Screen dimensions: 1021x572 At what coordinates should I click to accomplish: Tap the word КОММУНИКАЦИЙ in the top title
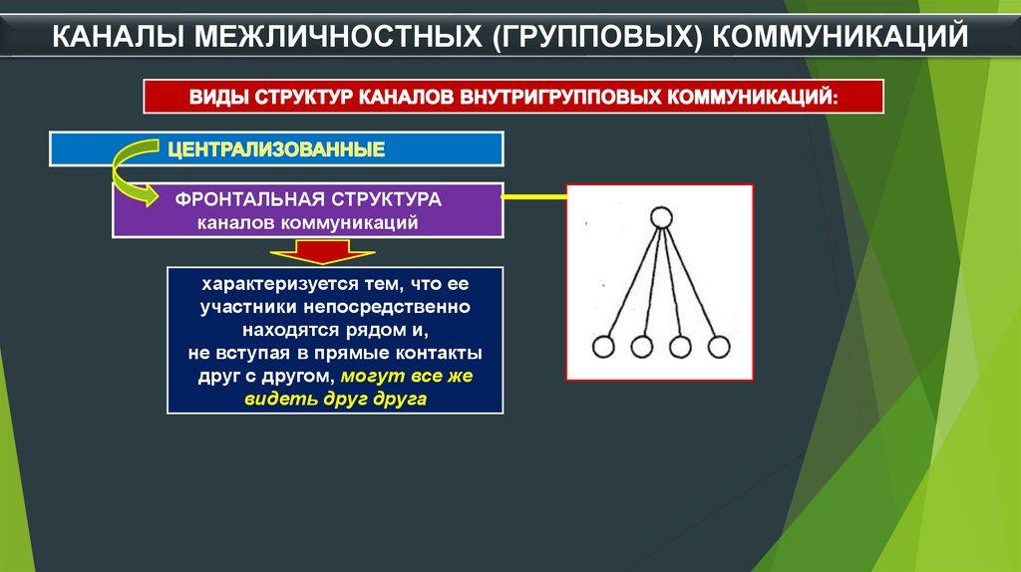[x=840, y=37]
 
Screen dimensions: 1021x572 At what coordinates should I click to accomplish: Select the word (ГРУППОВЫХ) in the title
[x=596, y=37]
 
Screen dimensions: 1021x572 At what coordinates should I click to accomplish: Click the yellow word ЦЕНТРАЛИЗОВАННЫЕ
[x=276, y=149]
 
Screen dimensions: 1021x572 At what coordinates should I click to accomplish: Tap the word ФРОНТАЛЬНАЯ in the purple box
[x=249, y=199]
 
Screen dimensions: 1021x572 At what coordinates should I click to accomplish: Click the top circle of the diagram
[x=661, y=217]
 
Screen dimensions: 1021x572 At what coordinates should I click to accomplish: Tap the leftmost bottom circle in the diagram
[x=603, y=347]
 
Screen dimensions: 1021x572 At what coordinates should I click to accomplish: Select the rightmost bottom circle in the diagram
[x=719, y=347]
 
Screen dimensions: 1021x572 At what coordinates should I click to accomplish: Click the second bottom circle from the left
[x=642, y=347]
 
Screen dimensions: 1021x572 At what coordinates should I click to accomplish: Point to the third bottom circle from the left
[x=680, y=347]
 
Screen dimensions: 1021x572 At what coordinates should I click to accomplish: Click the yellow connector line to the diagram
[x=535, y=196]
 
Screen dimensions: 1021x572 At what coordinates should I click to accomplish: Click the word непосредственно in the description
[x=387, y=307]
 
